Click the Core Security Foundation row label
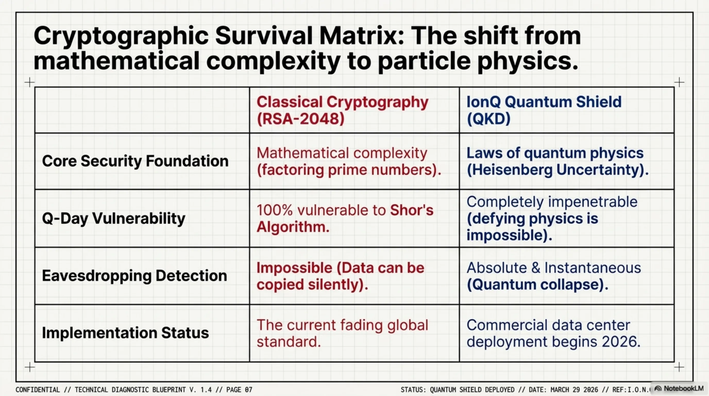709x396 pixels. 135,161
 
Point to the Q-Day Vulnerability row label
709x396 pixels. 113,219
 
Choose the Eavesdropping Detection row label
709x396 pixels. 134,276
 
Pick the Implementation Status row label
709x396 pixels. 125,333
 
